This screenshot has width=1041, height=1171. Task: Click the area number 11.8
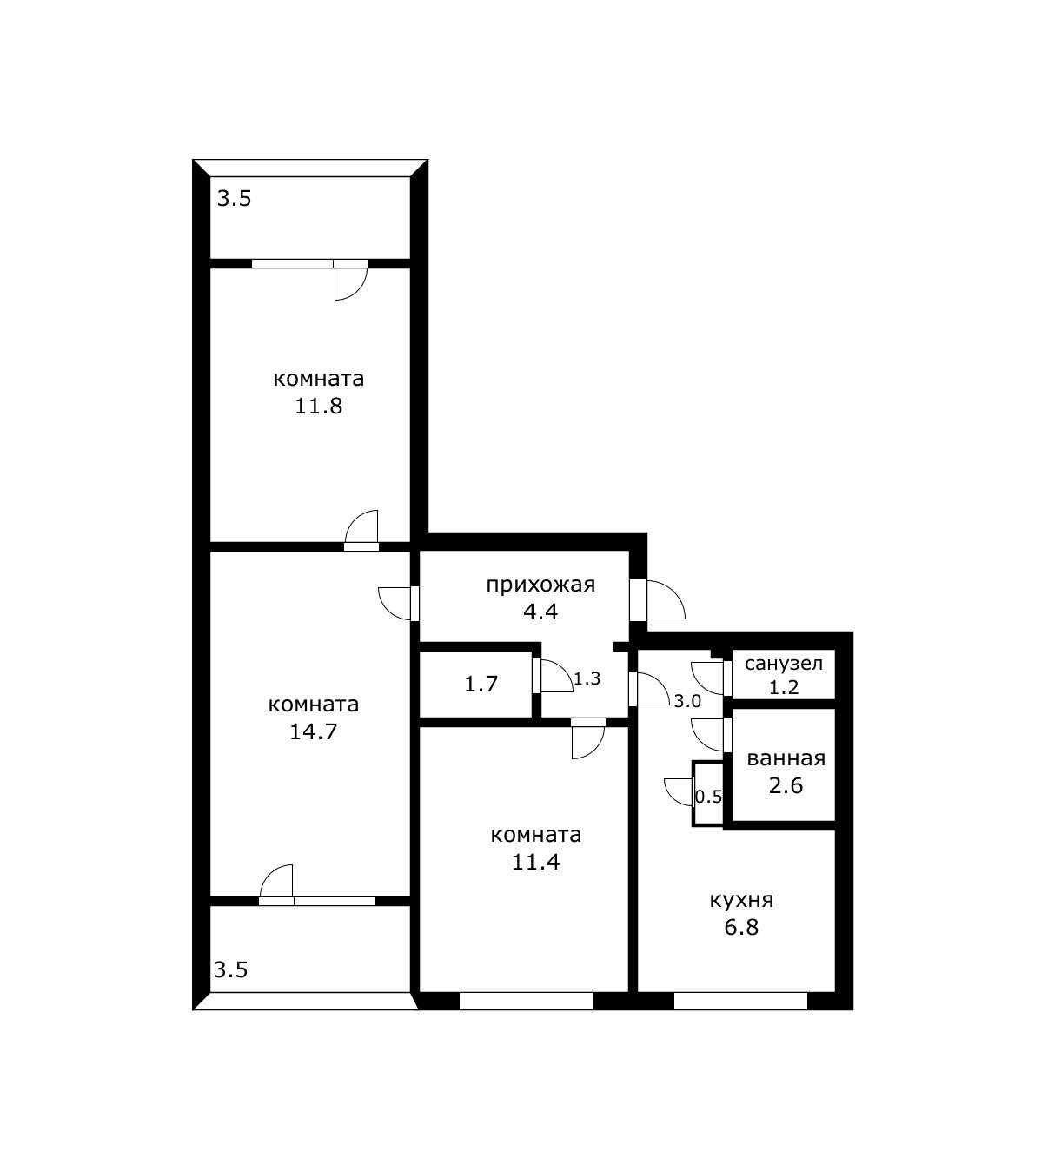click(319, 407)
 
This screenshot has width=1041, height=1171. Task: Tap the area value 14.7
click(313, 732)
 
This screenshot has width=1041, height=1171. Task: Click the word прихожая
click(540, 585)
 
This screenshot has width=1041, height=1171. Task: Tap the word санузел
click(784, 664)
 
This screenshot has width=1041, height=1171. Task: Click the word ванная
click(786, 759)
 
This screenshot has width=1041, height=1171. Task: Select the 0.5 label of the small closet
click(708, 798)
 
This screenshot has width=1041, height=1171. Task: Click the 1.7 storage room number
click(481, 685)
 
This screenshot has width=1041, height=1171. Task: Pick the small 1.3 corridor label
click(587, 679)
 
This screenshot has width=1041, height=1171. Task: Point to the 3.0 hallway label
click(687, 702)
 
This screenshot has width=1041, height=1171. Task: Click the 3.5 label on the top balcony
click(235, 199)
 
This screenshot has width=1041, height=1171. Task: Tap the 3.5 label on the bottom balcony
click(231, 969)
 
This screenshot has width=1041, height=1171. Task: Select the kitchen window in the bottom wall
click(740, 1002)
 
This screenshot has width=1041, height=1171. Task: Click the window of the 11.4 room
click(526, 1002)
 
